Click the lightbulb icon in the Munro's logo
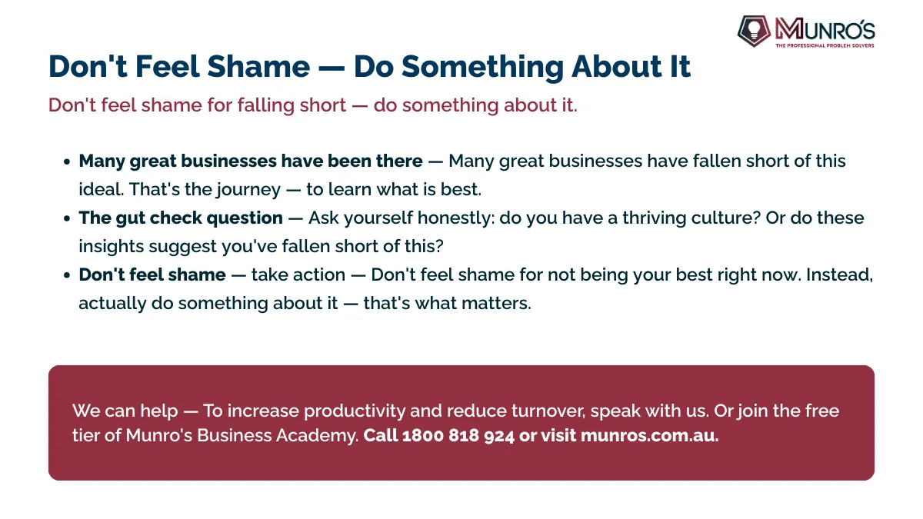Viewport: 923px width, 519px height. pyautogui.click(x=754, y=30)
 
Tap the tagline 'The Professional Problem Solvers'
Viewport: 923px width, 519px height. pyautogui.click(x=825, y=45)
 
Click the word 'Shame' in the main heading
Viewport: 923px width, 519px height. pyautogui.click(x=258, y=66)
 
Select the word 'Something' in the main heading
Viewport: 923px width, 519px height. pyautogui.click(x=482, y=67)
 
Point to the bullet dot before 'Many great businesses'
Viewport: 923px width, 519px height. pyautogui.click(x=67, y=161)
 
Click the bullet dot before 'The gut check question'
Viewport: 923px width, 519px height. pyautogui.click(x=67, y=218)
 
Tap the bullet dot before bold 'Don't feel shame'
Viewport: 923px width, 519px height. pyautogui.click(x=67, y=275)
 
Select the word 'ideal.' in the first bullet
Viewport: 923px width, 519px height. pyautogui.click(x=102, y=189)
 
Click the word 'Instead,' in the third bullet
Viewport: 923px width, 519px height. pyautogui.click(x=839, y=275)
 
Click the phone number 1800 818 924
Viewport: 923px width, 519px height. pyautogui.click(x=458, y=436)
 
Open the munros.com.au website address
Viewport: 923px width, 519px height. pyautogui.click(x=650, y=436)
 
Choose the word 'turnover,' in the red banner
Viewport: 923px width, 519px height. pyautogui.click(x=548, y=411)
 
